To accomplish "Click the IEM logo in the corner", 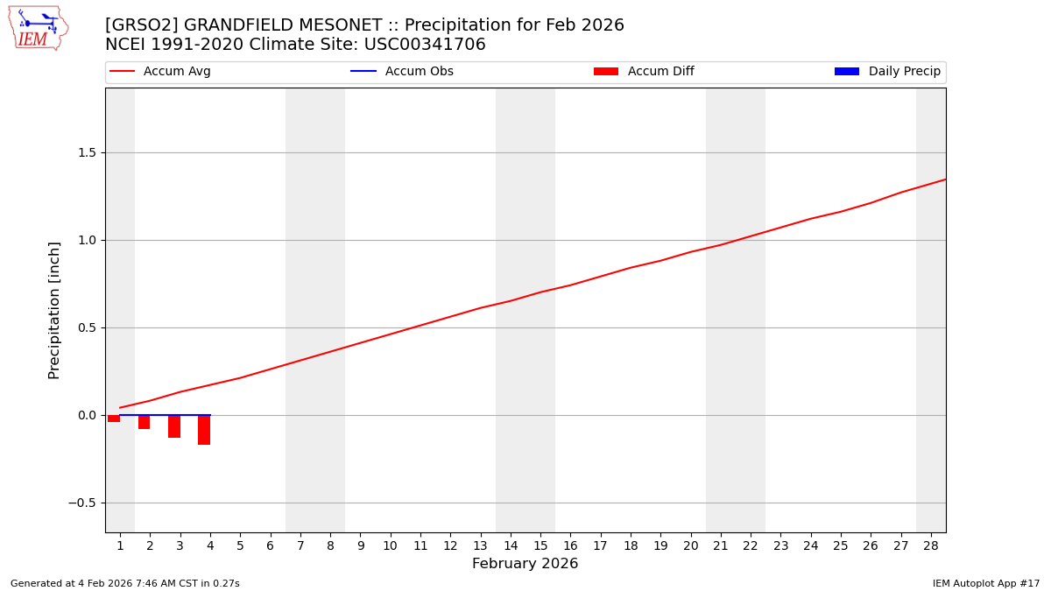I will [x=38, y=28].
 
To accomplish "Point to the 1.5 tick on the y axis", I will [x=86, y=152].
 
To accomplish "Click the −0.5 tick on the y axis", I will [x=82, y=503].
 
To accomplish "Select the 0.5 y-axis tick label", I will [x=86, y=327].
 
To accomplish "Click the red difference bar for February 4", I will [x=204, y=430].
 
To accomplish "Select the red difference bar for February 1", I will [x=114, y=419].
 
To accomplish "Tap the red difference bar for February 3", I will [x=174, y=426].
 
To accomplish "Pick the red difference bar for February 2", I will [x=144, y=422].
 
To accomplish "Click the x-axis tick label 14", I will [x=511, y=545].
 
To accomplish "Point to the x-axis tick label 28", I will [x=931, y=545].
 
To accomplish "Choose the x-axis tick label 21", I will [x=721, y=545].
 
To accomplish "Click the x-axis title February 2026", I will [x=525, y=564].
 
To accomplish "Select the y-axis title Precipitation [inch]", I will [x=54, y=310].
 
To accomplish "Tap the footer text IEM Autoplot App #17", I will [x=985, y=583].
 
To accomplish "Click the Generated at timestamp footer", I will [x=124, y=583].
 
